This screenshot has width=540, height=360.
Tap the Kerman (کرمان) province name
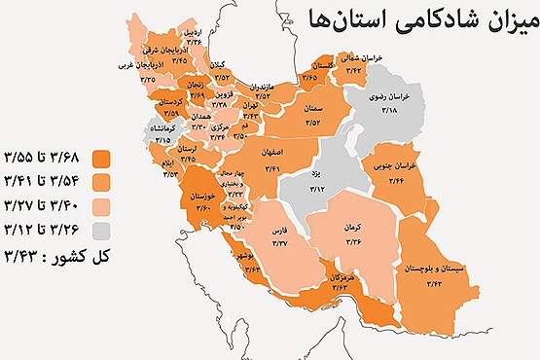click(x=351, y=227)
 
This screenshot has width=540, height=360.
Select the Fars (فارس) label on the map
click(x=279, y=234)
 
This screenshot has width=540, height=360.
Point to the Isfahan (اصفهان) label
click(x=272, y=153)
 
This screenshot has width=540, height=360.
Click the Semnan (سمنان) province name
click(x=312, y=107)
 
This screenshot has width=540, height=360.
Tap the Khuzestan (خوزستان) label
click(x=198, y=198)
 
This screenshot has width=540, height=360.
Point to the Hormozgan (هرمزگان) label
click(x=340, y=277)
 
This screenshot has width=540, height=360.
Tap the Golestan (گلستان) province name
click(x=310, y=64)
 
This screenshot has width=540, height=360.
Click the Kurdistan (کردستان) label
click(x=168, y=101)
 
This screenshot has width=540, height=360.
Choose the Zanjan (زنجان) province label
click(x=195, y=84)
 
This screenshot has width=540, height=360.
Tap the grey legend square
click(x=100, y=232)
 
